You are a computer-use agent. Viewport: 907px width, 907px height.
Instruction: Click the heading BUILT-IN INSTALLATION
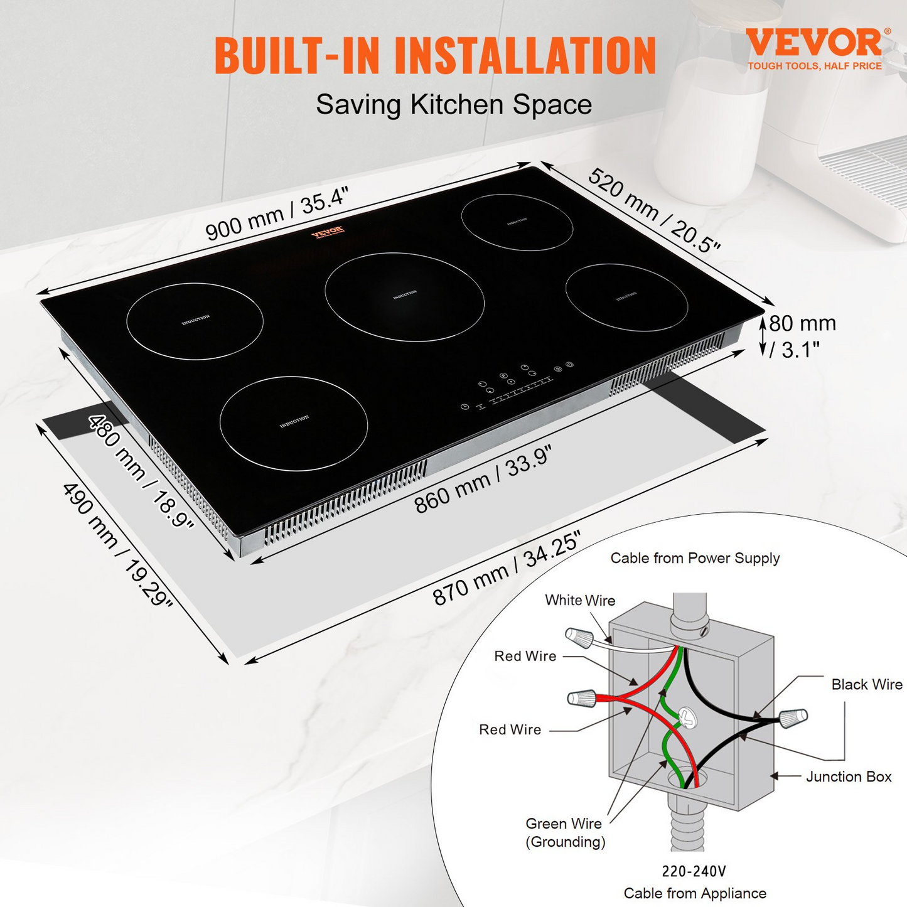click(x=435, y=56)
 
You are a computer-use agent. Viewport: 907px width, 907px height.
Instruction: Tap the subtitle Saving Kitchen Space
click(x=454, y=104)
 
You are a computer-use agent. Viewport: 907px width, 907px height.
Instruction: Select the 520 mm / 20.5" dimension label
click(x=653, y=211)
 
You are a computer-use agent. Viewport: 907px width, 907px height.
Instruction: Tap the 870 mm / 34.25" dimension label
click(x=507, y=567)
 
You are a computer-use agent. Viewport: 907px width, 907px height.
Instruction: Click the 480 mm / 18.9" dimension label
click(x=141, y=471)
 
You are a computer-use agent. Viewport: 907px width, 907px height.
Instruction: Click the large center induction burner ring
click(x=405, y=296)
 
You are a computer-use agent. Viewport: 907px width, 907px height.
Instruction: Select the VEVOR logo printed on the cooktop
click(x=327, y=232)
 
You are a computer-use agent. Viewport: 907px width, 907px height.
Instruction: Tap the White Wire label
click(x=580, y=601)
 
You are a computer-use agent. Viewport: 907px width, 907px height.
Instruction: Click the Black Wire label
click(x=866, y=684)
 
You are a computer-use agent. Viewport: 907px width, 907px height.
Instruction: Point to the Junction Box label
click(x=849, y=777)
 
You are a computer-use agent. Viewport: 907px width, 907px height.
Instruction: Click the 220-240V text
click(x=694, y=871)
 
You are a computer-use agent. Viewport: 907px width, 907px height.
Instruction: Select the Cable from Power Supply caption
click(x=695, y=558)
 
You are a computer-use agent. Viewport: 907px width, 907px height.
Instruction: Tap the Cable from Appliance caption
click(x=695, y=893)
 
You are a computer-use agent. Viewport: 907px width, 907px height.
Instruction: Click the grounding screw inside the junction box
click(x=687, y=717)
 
